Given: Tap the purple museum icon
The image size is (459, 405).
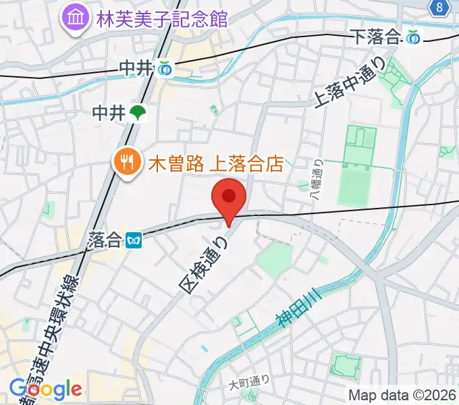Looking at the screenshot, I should pos(75,18).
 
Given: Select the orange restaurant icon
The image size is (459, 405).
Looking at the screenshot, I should pos(126,163).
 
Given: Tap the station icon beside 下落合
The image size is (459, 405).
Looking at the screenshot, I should pos(414,38).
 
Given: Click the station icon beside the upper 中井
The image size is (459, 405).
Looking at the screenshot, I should pos(164,68).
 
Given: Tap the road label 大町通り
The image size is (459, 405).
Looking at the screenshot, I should pos(249,383).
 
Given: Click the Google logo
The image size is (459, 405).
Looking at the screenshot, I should pos(45,389).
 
